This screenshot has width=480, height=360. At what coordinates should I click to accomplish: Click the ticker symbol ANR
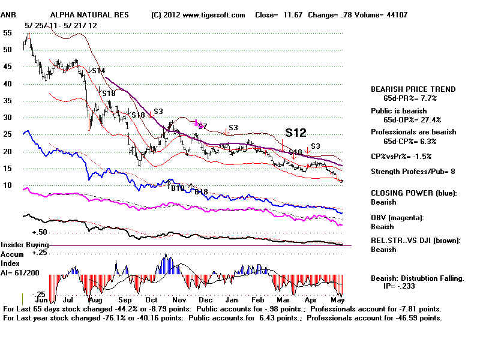point(11,14)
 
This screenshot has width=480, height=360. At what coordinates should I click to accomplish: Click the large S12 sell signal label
point(295,133)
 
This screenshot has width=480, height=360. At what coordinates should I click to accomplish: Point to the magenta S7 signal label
point(202,126)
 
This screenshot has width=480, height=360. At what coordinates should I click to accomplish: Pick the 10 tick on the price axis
point(8,185)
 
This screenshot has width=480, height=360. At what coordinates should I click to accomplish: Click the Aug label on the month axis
point(95,299)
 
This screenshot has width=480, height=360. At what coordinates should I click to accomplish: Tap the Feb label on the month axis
point(258,299)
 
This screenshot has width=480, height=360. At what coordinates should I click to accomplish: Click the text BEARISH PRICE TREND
point(413,89)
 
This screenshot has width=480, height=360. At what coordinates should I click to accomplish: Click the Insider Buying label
point(25,245)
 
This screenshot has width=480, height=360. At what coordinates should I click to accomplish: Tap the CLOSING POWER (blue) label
point(413,193)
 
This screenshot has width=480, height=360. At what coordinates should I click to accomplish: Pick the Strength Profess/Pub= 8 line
point(413,172)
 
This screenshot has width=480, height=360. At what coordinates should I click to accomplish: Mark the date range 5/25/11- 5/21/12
point(55,25)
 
